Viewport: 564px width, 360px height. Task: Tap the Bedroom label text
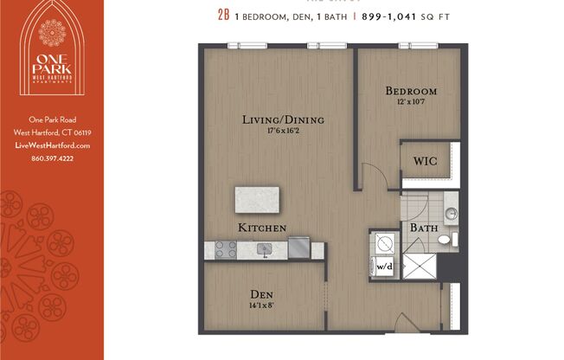pyautogui.click(x=411, y=91)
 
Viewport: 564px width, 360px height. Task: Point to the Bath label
pyautogui.click(x=423, y=228)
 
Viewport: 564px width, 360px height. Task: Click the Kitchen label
pyautogui.click(x=262, y=227)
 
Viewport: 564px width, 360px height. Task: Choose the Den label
pyautogui.click(x=263, y=292)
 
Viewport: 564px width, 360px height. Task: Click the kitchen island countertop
pyautogui.click(x=257, y=200)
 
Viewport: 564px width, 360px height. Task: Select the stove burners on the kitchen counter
pyautogui.click(x=225, y=250)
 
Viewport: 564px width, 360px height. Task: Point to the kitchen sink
pyautogui.click(x=265, y=250)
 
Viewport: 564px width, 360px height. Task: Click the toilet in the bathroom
pyautogui.click(x=444, y=240)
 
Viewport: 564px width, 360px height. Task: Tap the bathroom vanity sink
pyautogui.click(x=449, y=210)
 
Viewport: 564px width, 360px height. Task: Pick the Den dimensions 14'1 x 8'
pyautogui.click(x=263, y=304)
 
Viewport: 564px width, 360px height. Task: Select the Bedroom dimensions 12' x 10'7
pyautogui.click(x=411, y=101)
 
